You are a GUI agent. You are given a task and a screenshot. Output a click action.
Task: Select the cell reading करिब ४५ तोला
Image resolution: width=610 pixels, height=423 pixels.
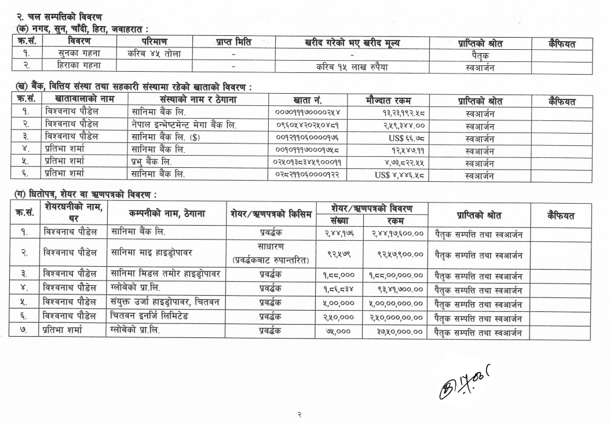click(154, 54)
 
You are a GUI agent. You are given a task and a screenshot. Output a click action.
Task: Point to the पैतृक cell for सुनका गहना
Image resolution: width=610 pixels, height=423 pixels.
click(480, 54)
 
